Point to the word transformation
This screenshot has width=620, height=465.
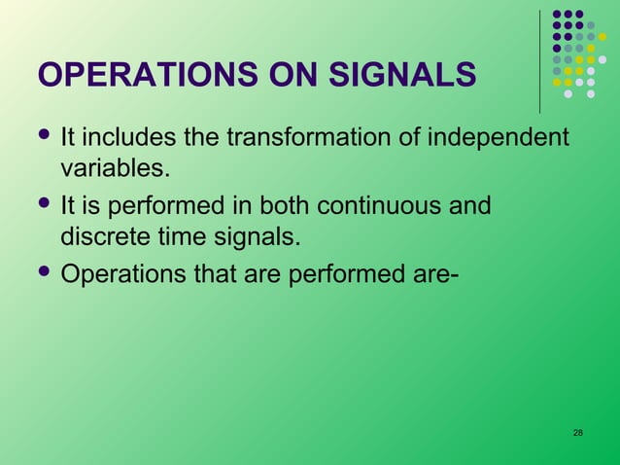coord(314,138)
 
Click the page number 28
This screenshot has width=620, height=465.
coord(578,432)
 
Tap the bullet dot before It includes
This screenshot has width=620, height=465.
coord(44,136)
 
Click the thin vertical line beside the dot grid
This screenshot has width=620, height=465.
coord(540,58)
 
